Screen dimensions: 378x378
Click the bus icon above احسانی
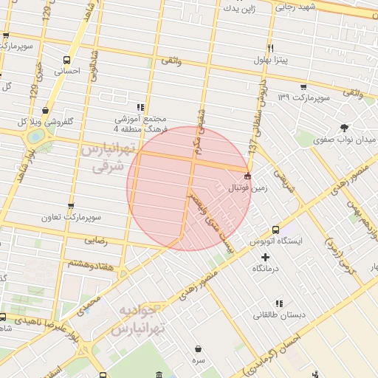[68, 60]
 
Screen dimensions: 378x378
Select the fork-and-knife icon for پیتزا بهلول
[271, 48]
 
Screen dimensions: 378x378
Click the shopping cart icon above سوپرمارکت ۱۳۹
[303, 86]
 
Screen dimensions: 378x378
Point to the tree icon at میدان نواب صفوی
[344, 128]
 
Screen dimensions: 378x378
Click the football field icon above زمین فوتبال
[247, 176]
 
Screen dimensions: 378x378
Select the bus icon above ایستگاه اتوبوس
[275, 230]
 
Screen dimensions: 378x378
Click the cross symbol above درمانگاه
[266, 257]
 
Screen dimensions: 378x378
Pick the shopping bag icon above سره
[198, 348]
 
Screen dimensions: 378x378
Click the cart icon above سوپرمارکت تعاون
[71, 206]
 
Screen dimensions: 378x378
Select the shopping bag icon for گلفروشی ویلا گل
[47, 110]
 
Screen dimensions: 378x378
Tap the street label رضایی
[96, 240]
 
